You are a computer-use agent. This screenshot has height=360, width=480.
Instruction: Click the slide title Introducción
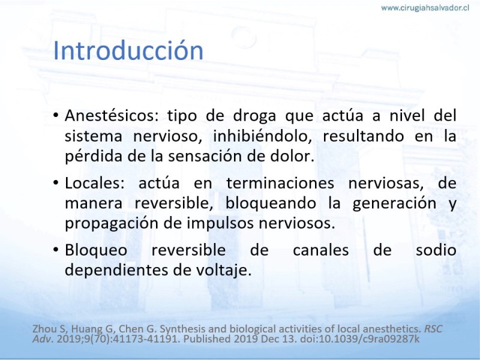128,50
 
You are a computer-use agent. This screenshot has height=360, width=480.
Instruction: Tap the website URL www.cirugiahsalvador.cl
425,8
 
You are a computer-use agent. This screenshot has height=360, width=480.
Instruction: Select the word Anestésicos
112,115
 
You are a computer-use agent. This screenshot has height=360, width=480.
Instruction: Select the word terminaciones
280,183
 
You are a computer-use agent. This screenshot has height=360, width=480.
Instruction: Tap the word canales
320,250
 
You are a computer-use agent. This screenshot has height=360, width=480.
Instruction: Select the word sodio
436,250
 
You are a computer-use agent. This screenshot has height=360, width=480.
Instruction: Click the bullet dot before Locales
56,183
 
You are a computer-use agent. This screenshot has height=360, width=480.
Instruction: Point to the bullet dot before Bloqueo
56,250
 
